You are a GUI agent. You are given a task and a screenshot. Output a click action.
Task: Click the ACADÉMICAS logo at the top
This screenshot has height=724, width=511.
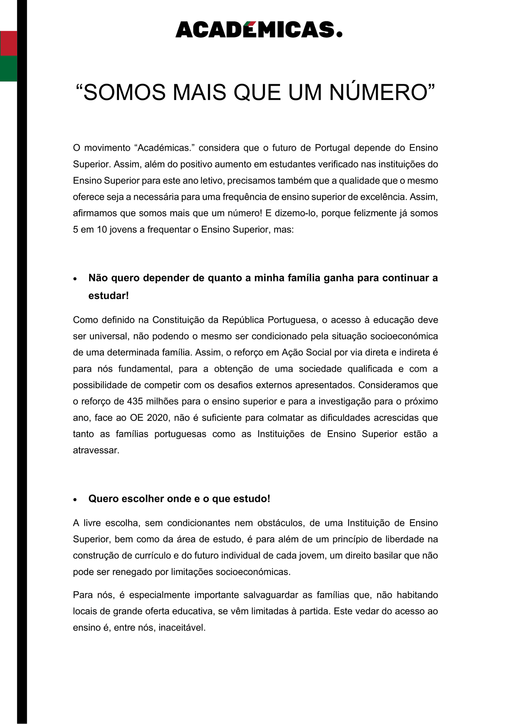point(259,29)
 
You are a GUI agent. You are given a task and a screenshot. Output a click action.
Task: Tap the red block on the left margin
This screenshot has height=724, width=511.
point(8,43)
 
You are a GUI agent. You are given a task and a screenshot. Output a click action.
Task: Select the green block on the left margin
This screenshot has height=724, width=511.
point(8,69)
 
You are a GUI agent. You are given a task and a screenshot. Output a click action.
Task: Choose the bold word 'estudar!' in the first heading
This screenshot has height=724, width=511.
point(108,296)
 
